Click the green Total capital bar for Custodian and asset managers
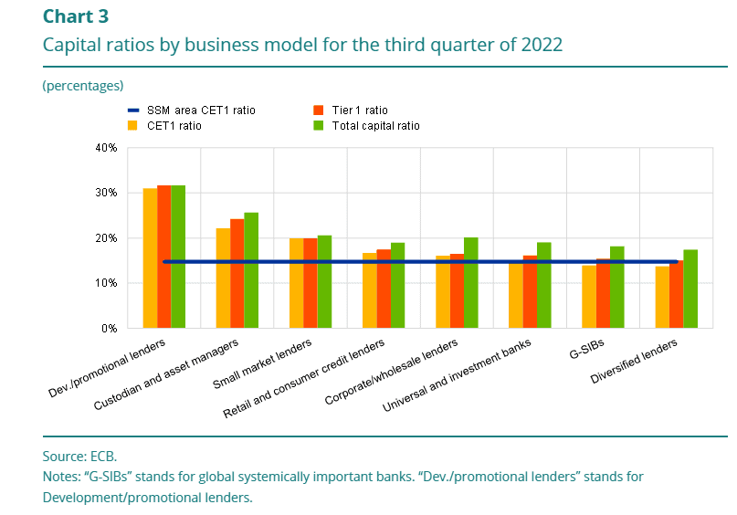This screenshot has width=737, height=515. (x=226, y=270)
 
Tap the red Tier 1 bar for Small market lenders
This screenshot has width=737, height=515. (x=311, y=283)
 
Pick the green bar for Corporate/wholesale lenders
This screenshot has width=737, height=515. (x=471, y=283)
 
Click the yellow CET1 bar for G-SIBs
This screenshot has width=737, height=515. (x=589, y=297)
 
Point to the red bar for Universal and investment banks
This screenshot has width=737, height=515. (x=530, y=292)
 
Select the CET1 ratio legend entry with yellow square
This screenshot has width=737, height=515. (x=174, y=126)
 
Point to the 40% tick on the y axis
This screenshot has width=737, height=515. (x=106, y=147)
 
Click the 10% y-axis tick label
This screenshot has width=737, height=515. (x=106, y=283)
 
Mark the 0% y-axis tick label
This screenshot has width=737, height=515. (x=110, y=328)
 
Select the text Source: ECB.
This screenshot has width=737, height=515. (x=79, y=456)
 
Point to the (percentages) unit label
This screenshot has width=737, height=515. (x=82, y=86)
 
